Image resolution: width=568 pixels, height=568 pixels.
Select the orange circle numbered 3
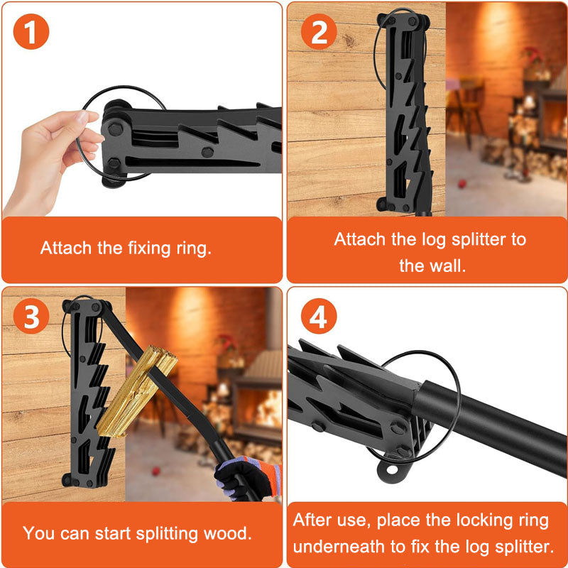click(x=31, y=317)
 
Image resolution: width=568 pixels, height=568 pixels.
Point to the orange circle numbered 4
click(x=319, y=317)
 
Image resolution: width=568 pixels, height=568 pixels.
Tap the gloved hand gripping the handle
click(x=245, y=477)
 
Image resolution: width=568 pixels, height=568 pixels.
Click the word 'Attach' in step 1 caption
click(x=65, y=248)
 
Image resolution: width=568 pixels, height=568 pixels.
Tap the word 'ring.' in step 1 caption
click(x=193, y=248)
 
